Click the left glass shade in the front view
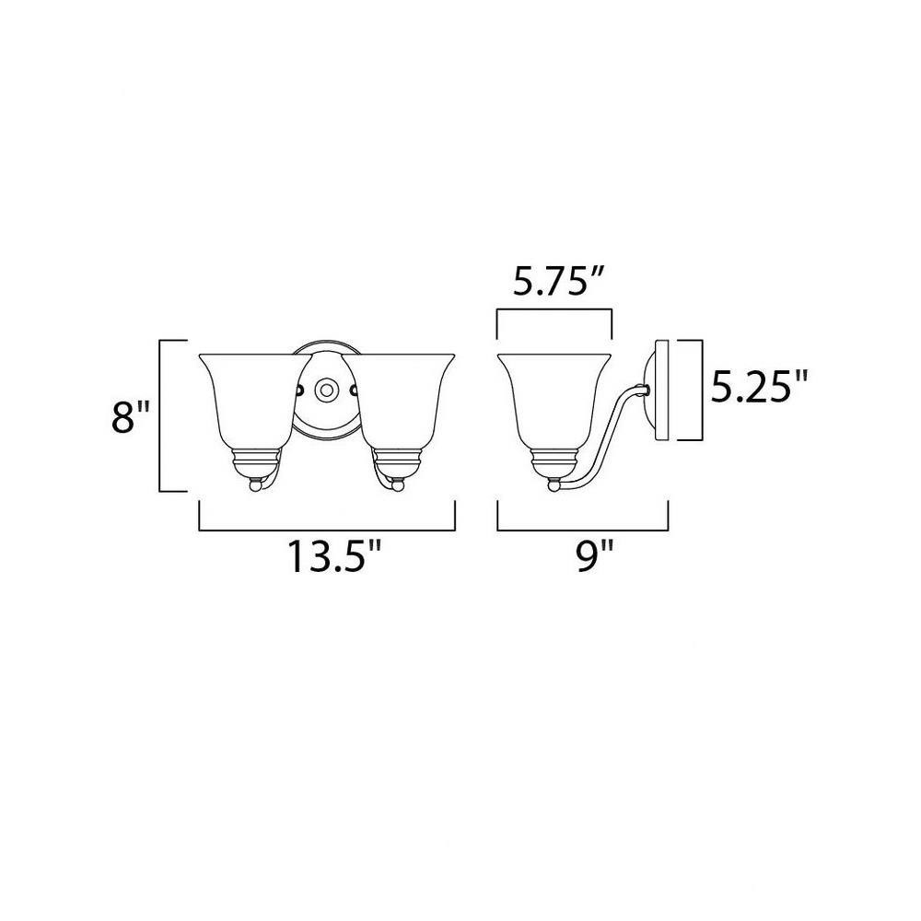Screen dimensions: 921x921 (255, 402)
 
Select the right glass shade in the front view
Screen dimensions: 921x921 (399, 402)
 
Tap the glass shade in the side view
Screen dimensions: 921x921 (554, 402)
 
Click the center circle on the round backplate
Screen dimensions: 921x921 (325, 390)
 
